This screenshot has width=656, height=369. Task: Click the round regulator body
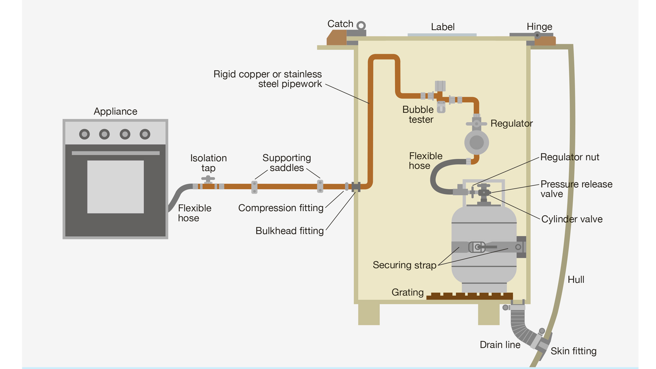coord(476,142)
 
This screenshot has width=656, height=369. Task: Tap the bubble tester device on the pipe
coord(441,107)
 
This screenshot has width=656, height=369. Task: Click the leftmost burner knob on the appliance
coord(84,134)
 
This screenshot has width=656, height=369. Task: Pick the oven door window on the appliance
coord(115,187)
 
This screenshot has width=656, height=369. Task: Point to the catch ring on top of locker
coord(361,25)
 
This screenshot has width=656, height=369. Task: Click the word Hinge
coord(539,27)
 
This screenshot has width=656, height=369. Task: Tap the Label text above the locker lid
coord(442,27)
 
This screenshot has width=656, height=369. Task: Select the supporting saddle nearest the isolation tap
coord(254,187)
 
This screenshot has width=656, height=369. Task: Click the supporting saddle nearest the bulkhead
coord(320,186)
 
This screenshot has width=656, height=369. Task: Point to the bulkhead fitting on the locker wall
coord(356,187)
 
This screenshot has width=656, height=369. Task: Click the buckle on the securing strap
coord(477,247)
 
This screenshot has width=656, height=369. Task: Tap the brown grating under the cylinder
coord(470,296)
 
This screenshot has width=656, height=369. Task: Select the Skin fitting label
coord(573,351)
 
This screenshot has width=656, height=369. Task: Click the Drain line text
coord(500,345)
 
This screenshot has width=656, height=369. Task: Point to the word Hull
coord(576,279)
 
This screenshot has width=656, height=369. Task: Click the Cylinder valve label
coord(572,219)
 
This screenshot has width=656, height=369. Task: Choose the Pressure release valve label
coord(576,189)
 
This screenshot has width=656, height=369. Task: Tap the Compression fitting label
coord(281,208)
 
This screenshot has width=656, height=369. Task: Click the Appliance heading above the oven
coord(115,112)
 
